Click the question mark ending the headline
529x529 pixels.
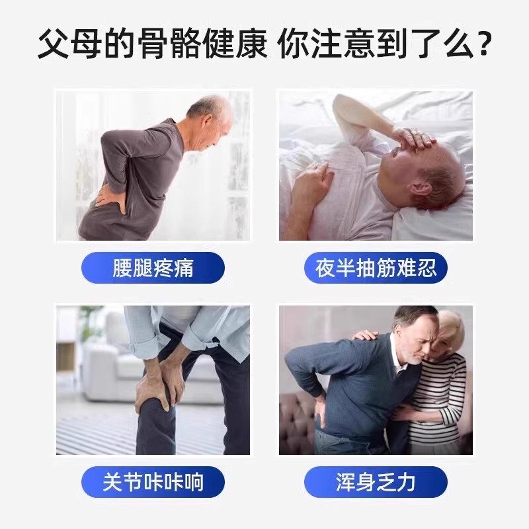point(484,45)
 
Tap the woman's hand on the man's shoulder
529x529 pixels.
point(364,335)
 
